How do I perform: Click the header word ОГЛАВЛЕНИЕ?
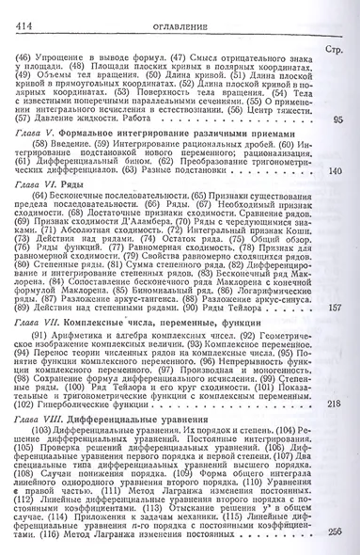pyautogui.click(x=181, y=12)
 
